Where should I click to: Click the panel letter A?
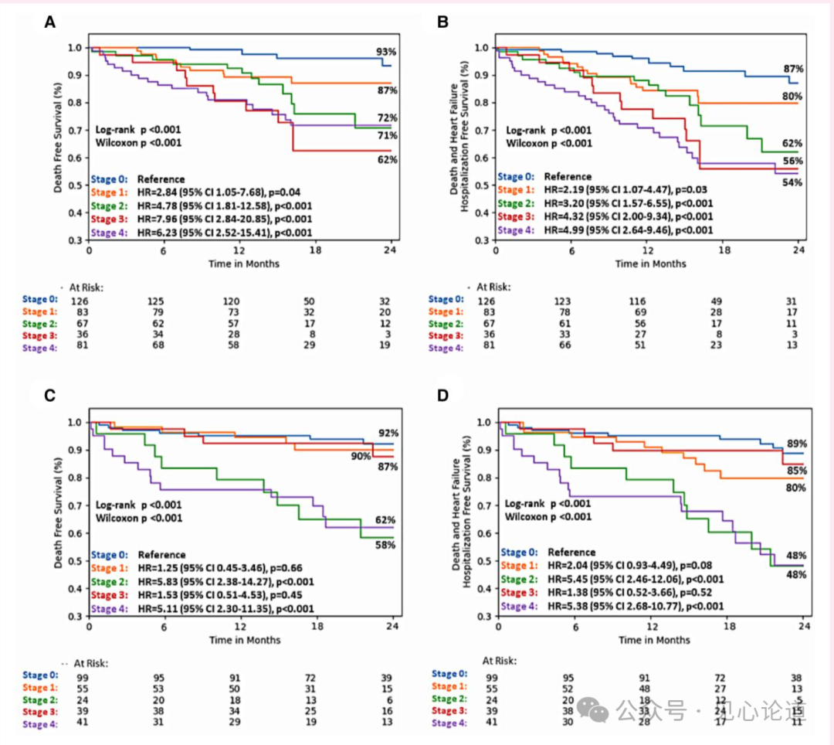tap(49, 23)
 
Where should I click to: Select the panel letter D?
tap(443, 396)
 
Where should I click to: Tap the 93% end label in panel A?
tap(386, 52)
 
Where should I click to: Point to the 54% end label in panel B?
tap(792, 182)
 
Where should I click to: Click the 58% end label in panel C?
tap(385, 545)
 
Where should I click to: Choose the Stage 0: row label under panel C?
tap(39, 675)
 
